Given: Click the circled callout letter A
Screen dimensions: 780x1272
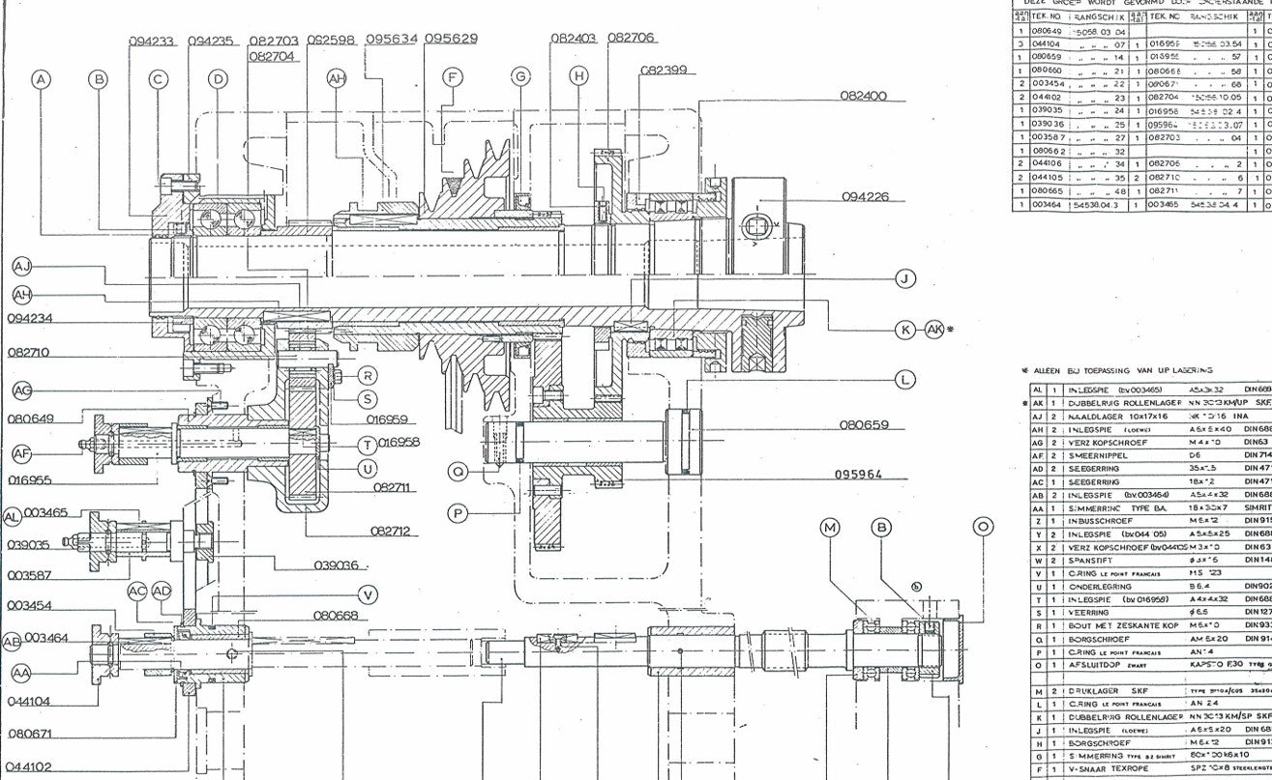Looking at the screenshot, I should [41, 80].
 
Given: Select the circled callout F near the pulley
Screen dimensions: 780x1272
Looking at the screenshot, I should [450, 76].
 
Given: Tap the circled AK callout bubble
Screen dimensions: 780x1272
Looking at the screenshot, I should [934, 330].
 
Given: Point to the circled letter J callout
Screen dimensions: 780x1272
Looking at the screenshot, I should [905, 279].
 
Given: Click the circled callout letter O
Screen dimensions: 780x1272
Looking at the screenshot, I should [983, 527].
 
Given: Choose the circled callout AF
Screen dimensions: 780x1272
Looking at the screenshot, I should [22, 454].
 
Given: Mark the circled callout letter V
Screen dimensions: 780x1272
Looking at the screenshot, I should [368, 593].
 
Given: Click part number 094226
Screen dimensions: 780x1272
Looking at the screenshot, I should [865, 197].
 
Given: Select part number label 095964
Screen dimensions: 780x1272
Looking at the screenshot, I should [859, 475].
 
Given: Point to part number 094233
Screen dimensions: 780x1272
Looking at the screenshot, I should [152, 42].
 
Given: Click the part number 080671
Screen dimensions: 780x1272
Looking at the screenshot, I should [29, 736].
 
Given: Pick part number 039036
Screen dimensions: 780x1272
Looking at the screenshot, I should [336, 565].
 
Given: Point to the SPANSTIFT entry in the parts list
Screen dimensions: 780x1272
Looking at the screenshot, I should [1089, 559].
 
